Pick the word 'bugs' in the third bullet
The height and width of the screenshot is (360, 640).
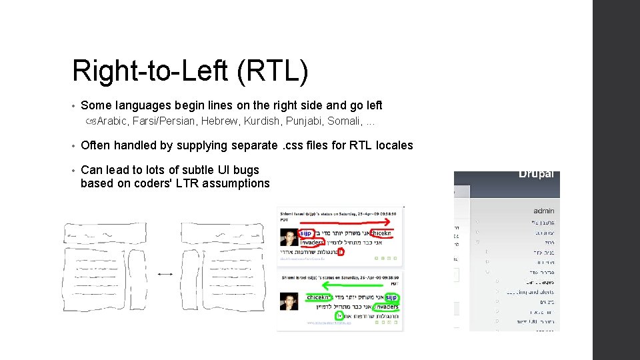point(246,170)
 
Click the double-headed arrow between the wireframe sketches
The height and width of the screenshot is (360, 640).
point(165,273)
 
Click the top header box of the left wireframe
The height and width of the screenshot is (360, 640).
point(105,233)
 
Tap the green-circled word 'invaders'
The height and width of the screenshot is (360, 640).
point(386,306)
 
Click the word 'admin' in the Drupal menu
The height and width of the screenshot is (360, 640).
point(543,211)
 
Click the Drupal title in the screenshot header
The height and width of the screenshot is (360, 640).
point(537,174)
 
